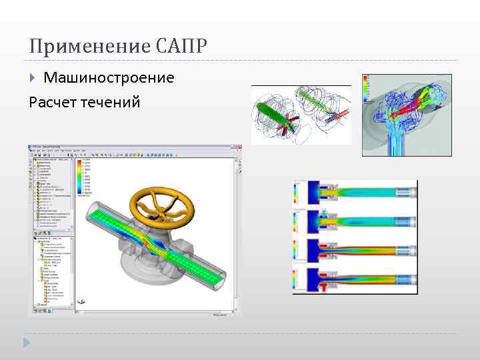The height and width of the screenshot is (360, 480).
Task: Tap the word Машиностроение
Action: [109, 78]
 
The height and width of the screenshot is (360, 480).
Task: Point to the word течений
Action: [113, 102]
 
